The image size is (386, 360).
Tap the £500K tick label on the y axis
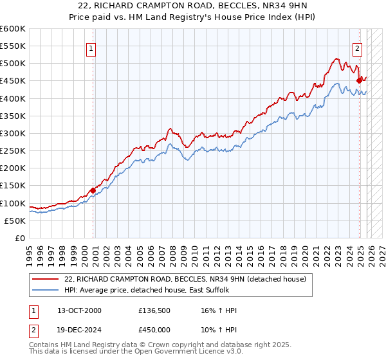(x=13, y=64)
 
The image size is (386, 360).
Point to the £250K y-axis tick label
(x=13, y=151)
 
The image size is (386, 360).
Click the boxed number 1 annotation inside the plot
(x=91, y=47)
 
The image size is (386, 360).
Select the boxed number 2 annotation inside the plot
(x=357, y=47)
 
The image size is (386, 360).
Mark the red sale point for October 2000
(x=93, y=190)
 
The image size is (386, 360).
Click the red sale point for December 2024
(x=360, y=80)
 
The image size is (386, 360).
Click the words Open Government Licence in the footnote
(x=170, y=352)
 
